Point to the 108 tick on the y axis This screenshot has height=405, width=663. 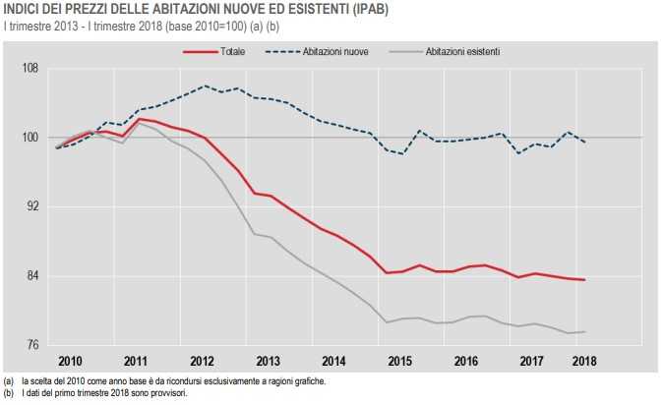point(30,69)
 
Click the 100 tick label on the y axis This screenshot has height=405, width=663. point(30,138)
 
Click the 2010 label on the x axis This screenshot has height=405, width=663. point(69,362)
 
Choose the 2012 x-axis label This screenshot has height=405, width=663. point(202,362)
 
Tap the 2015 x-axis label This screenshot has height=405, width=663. point(400,362)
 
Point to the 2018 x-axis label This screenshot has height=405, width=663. point(584,362)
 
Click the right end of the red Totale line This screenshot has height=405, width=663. point(585,280)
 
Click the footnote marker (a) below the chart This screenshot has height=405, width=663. point(8,380)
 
